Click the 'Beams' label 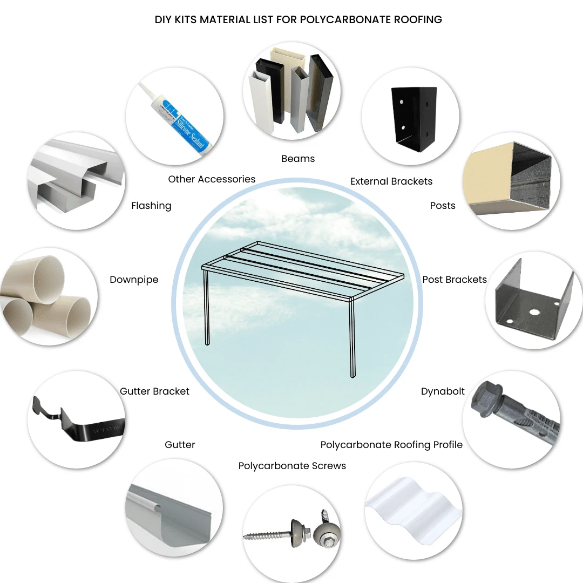(298, 159)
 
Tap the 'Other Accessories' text (212, 179)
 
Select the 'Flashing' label (151, 206)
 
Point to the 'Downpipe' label (134, 280)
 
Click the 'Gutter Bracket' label (154, 391)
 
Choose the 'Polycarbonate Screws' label (292, 466)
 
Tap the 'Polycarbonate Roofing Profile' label (391, 445)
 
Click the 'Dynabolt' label (443, 391)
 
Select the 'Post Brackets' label (455, 280)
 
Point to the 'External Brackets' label (391, 181)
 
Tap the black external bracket (413, 118)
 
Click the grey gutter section (169, 517)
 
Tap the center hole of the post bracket (534, 311)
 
